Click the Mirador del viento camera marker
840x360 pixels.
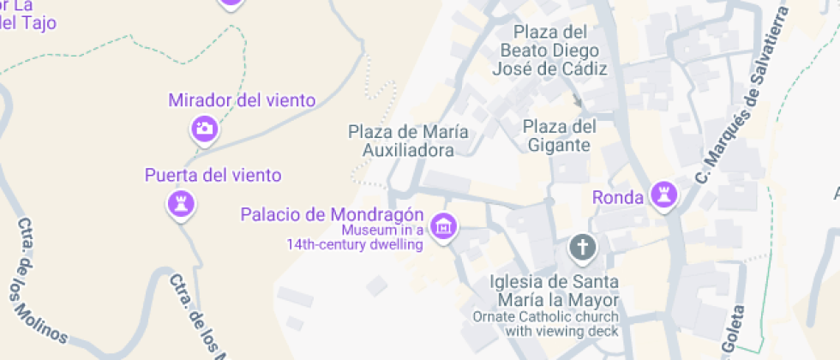[204, 129]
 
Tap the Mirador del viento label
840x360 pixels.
[242, 100]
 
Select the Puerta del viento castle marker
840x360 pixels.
[180, 203]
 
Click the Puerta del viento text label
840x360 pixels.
[213, 176]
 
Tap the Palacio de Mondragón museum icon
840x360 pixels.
[444, 226]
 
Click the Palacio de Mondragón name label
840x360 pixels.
[333, 213]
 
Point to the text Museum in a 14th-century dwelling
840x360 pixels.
[355, 237]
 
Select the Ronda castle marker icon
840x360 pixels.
[663, 195]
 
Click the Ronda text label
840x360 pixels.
[617, 198]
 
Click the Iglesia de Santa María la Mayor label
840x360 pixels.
[555, 291]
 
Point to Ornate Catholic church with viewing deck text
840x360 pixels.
[545, 323]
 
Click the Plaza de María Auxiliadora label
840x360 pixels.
[408, 141]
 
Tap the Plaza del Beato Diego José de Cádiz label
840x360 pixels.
[549, 51]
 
